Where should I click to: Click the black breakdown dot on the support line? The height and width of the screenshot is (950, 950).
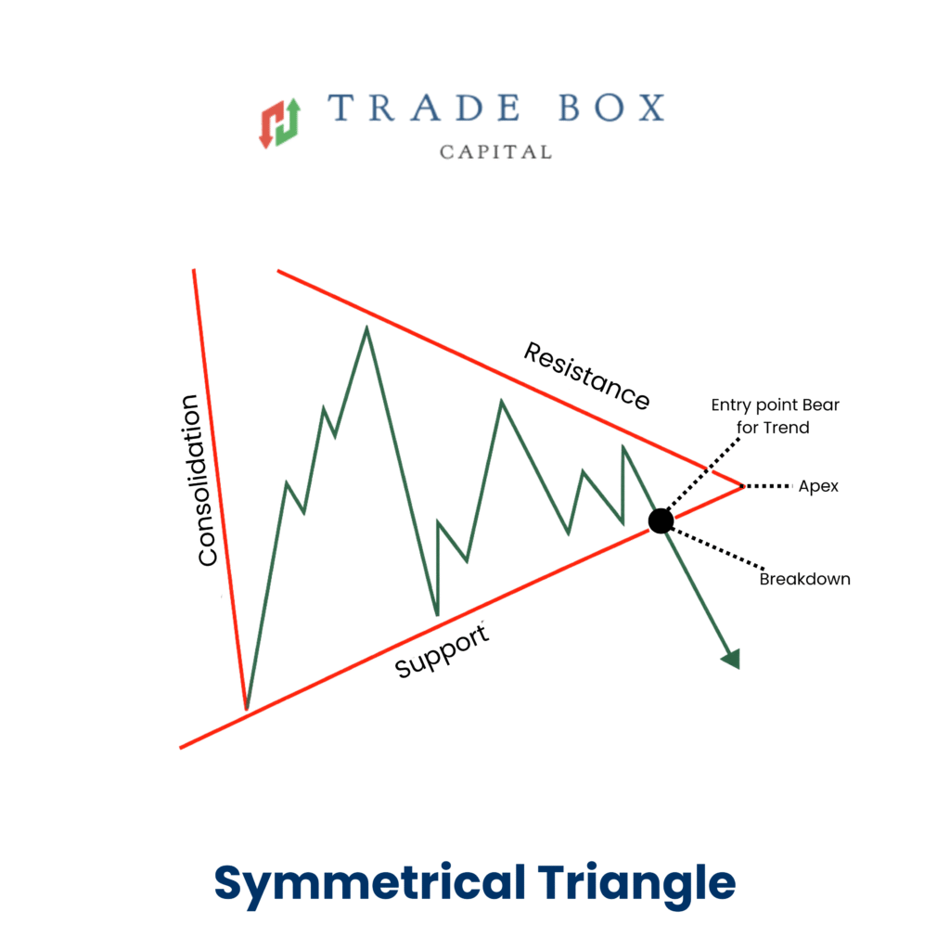point(661,521)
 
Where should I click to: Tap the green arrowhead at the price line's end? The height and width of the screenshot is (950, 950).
point(732,659)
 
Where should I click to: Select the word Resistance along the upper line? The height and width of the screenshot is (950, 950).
point(586,376)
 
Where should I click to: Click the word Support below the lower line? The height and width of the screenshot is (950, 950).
point(442,650)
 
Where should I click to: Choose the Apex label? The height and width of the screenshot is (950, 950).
point(818,486)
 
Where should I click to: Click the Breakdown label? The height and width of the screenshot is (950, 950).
point(804,579)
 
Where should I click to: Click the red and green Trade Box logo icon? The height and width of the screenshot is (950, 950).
point(280,123)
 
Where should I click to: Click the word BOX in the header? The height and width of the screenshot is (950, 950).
point(611,108)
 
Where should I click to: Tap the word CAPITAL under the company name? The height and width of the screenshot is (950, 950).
point(495,152)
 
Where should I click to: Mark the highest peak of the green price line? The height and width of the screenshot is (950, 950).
point(366,327)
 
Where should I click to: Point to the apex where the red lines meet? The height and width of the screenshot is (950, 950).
point(742,486)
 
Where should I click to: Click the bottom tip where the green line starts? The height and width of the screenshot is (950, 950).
point(247,708)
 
